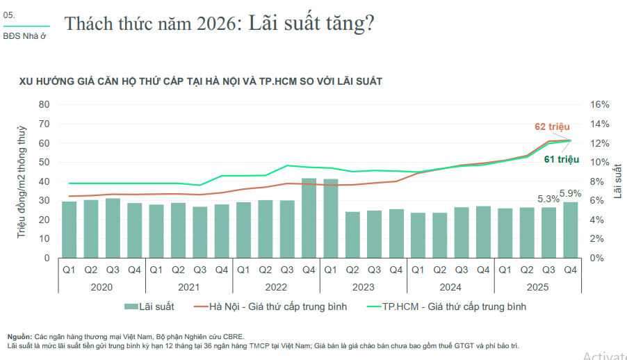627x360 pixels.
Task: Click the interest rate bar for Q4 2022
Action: pos(309,218)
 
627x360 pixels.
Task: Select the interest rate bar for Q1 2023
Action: pos(331,218)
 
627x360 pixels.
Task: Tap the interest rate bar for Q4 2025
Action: pos(571,230)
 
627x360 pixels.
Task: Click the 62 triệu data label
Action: pos(552,126)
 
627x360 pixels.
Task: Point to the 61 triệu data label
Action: pos(562,160)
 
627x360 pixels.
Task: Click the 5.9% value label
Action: pos(571,194)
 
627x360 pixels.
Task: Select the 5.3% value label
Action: pos(548,198)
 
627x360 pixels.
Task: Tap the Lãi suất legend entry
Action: pos(149,306)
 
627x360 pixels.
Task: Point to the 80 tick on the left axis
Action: pos(44,104)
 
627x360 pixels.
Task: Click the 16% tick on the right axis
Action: pos(599,104)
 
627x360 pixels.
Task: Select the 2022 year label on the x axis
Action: pos(277,286)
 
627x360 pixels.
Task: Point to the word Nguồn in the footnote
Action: pos(19,336)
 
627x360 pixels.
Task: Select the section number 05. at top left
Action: pos(9,15)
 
